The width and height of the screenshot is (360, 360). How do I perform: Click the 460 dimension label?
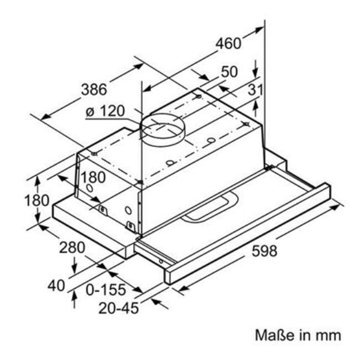[x=229, y=44]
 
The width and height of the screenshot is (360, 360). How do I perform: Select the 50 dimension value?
[x=229, y=71]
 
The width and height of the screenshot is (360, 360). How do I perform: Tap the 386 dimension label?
[x=94, y=90]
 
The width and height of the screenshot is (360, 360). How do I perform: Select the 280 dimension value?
[x=72, y=247]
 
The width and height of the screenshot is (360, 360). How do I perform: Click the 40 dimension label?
[x=56, y=286]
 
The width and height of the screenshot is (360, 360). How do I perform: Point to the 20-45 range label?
[x=119, y=310]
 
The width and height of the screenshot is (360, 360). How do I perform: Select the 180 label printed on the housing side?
[x=93, y=178]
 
